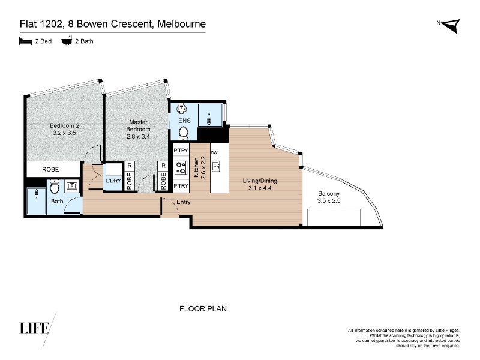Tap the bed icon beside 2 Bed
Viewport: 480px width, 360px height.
[25, 41]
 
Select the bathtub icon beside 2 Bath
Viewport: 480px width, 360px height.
[67, 40]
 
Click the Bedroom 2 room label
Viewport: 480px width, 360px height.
[65, 125]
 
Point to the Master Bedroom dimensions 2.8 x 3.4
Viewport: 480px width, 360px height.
[138, 137]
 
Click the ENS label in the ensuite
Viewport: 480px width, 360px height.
[184, 121]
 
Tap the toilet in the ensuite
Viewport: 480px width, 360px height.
[183, 133]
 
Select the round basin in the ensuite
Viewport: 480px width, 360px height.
[182, 109]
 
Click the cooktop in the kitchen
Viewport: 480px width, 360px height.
[181, 168]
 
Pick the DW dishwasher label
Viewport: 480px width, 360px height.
[214, 152]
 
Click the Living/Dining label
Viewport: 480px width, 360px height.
[260, 181]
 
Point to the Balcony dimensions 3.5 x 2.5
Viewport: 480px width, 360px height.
[329, 201]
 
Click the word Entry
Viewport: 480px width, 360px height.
[184, 202]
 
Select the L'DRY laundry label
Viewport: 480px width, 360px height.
[113, 181]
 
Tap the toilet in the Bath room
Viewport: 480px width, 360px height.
[55, 187]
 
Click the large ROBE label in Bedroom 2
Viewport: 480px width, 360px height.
[50, 169]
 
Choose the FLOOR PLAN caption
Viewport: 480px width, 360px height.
[203, 308]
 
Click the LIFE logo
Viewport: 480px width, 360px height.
[35, 328]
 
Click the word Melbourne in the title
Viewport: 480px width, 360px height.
[182, 24]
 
